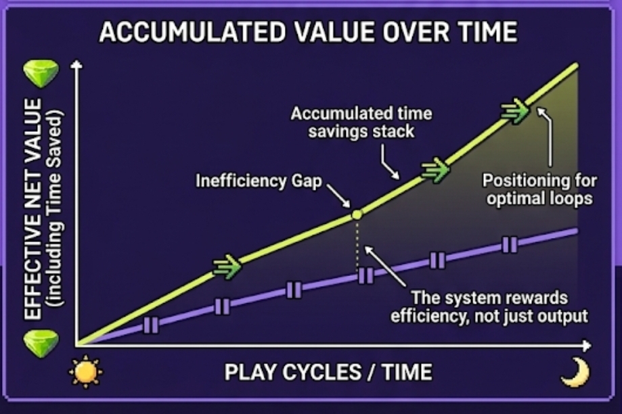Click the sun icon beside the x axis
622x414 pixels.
point(85,372)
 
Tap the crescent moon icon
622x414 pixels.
point(576,372)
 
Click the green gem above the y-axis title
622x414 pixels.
point(41,74)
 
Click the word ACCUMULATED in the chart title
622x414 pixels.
point(192,32)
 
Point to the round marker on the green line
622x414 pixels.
point(357,215)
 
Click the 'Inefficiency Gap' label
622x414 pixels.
point(259,181)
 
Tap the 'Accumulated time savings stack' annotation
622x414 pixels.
point(361,122)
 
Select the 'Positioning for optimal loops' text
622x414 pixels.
point(539,189)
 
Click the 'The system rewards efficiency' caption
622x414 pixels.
point(489,307)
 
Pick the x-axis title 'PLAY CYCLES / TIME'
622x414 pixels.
point(328,372)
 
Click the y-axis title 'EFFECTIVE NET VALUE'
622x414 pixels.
point(32,208)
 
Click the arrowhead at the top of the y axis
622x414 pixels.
point(76,64)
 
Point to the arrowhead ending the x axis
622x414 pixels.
point(587,346)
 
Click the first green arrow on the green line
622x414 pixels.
point(227,266)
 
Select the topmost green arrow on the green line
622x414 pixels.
point(515,110)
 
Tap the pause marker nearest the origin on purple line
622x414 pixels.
point(150,325)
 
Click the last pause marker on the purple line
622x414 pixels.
point(510,245)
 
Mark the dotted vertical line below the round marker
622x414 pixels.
point(357,245)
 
